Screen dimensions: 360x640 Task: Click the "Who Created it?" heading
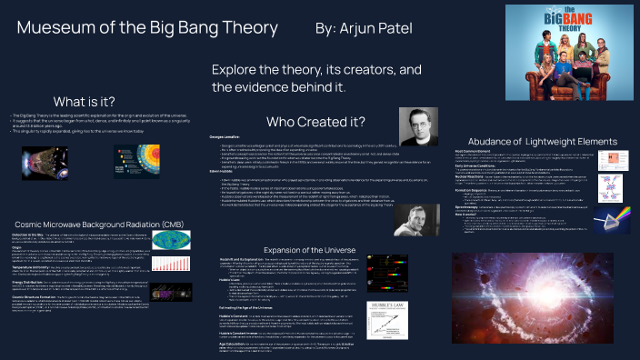click(x=315, y=122)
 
